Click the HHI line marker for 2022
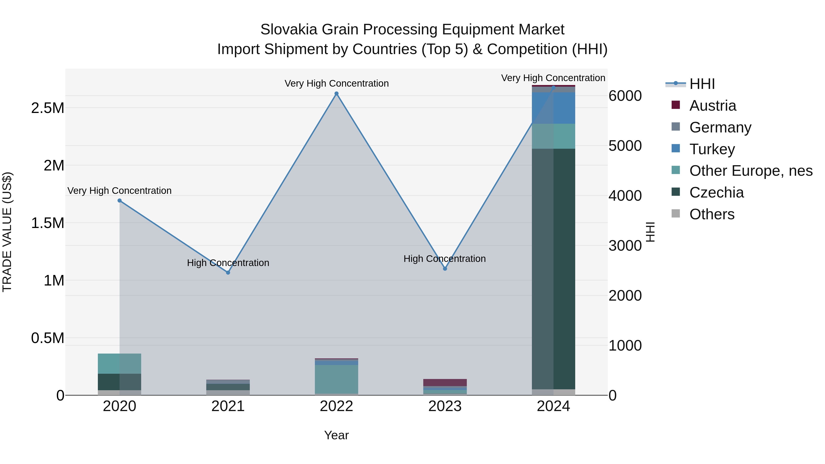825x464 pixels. point(336,94)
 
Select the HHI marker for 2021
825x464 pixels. point(228,272)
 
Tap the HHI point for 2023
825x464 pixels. point(445,269)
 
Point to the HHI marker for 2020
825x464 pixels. point(119,200)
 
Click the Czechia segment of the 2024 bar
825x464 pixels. point(553,269)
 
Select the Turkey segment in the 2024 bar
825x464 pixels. point(553,108)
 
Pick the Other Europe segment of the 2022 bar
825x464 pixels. point(336,379)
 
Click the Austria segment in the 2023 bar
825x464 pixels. point(445,383)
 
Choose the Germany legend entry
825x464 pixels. point(720,127)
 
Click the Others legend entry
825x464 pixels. point(712,214)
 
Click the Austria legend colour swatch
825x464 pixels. point(676,105)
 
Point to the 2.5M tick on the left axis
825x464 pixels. point(47,108)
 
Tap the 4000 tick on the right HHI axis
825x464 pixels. point(625,196)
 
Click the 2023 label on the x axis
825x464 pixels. point(445,406)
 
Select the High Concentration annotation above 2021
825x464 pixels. point(228,263)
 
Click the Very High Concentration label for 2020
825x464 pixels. point(119,191)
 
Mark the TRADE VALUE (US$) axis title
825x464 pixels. point(7,232)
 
